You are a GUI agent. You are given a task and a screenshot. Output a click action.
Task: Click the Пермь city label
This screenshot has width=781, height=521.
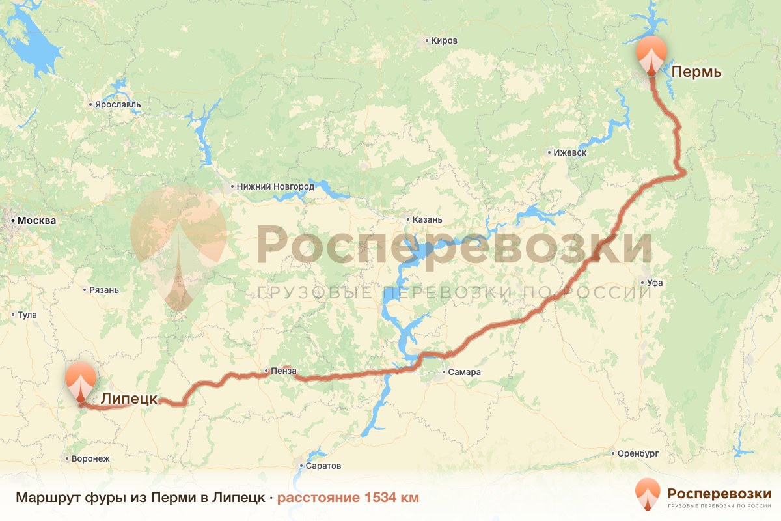(x=696, y=71)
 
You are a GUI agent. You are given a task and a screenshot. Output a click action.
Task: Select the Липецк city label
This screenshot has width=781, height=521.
(x=128, y=399)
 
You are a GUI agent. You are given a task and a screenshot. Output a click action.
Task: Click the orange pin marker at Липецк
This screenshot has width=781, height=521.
(x=80, y=381)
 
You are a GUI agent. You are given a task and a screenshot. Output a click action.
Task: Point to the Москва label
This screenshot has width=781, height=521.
(x=36, y=221)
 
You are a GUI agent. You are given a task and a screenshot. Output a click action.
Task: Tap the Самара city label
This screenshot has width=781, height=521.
(x=464, y=373)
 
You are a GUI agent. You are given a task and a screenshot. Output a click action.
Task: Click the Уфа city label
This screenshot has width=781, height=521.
(x=655, y=283)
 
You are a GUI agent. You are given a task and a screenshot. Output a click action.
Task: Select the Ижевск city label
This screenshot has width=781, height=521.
(x=569, y=153)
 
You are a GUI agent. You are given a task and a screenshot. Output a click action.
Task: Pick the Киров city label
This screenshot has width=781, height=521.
(x=444, y=41)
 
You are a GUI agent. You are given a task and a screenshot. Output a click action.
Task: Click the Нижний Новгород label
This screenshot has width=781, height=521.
(x=275, y=187)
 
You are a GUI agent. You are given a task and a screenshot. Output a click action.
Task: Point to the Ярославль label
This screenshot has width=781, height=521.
(x=118, y=105)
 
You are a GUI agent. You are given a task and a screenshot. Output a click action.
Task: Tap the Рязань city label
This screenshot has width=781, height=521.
(x=104, y=290)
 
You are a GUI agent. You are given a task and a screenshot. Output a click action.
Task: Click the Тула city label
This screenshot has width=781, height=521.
(x=27, y=315)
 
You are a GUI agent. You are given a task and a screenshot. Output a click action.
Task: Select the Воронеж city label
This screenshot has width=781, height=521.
(x=90, y=458)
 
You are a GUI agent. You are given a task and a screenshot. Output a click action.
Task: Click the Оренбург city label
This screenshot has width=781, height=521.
(x=639, y=453)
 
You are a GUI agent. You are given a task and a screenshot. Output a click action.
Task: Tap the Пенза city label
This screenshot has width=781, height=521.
(x=284, y=371)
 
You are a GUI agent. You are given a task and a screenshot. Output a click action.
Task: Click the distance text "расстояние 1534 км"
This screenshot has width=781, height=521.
(x=348, y=498)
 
